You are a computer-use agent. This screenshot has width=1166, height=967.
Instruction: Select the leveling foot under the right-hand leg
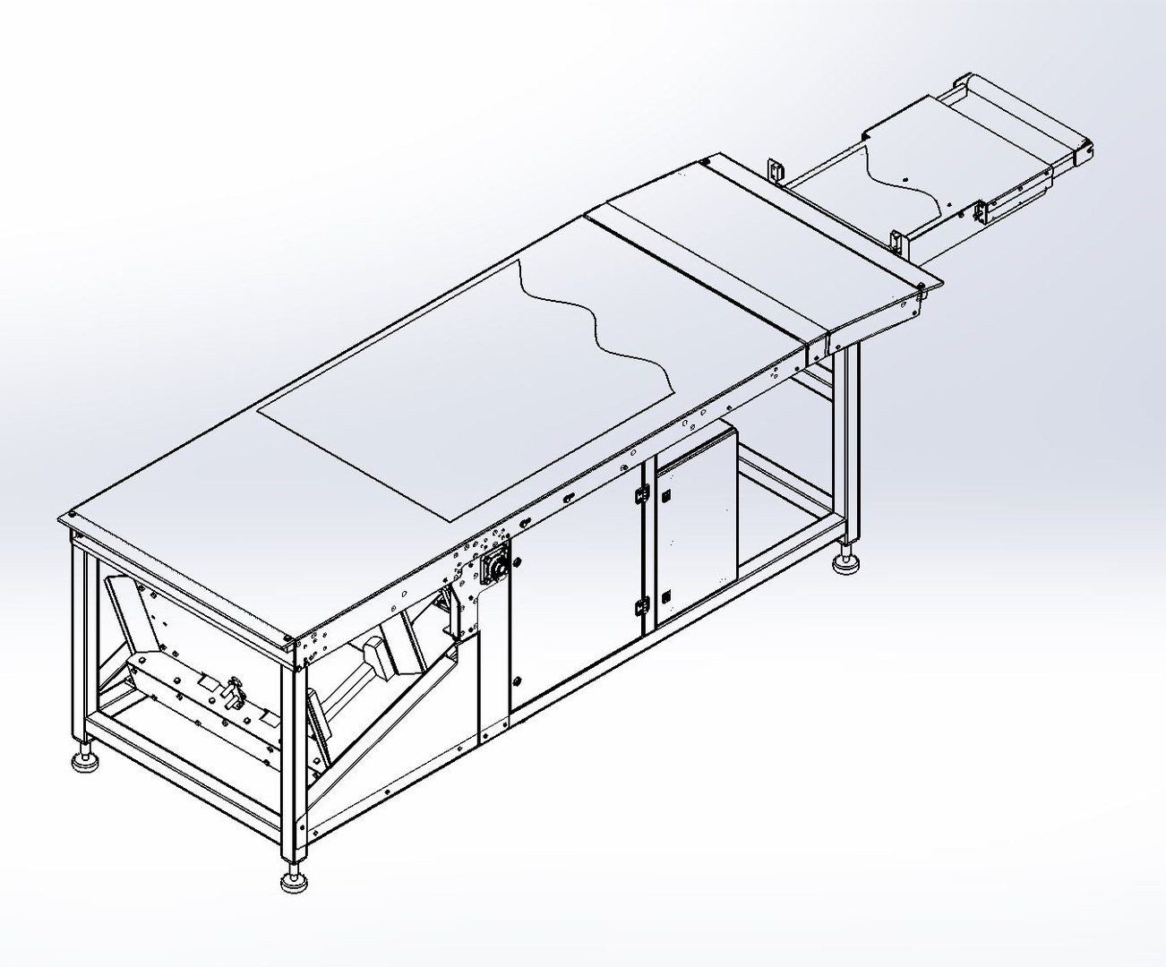click(x=846, y=564)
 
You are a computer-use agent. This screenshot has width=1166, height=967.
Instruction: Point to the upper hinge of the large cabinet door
click(x=641, y=492)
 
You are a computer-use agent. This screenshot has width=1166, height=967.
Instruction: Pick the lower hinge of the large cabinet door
click(x=639, y=606)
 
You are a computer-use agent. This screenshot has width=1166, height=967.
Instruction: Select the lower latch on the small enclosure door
click(x=663, y=595)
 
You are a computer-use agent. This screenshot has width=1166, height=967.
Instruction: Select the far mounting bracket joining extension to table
click(x=775, y=170)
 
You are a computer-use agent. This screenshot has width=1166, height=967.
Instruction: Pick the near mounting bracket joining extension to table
click(x=896, y=242)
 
